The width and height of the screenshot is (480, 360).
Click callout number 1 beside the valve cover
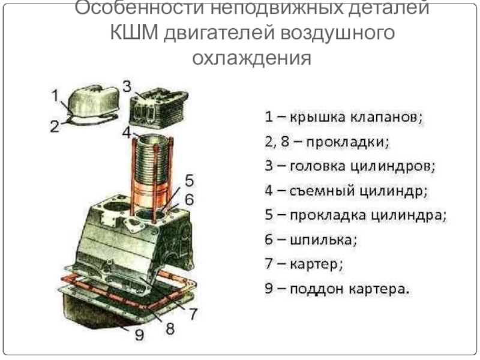(55, 95)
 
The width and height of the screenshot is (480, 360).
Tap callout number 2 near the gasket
(55, 126)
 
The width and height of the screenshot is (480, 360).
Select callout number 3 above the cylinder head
(127, 86)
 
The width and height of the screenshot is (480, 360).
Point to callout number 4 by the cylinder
(127, 132)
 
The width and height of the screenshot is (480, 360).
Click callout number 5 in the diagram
(190, 181)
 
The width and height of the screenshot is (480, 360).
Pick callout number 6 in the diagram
(190, 200)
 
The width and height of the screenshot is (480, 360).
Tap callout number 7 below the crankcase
(193, 313)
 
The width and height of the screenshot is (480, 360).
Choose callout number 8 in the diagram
(170, 328)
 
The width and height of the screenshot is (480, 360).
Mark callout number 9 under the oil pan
(139, 335)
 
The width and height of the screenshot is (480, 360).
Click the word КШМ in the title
(134, 33)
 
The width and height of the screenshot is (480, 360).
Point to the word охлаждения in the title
(251, 58)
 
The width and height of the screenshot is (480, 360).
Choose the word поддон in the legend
(316, 289)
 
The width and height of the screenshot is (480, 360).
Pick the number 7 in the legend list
(269, 263)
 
